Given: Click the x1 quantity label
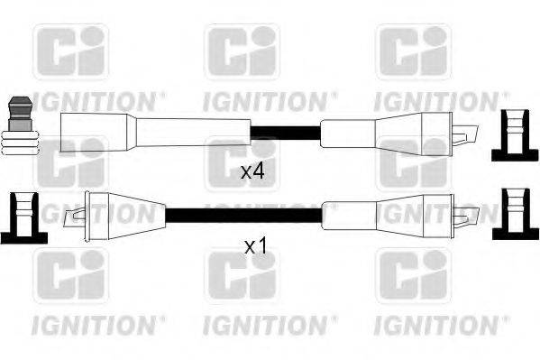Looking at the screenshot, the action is click(257, 245).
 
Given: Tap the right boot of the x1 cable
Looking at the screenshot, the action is click(397, 215).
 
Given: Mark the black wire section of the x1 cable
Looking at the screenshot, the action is click(243, 216).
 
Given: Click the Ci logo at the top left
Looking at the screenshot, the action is click(69, 51).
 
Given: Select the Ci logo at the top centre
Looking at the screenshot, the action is click(241, 51).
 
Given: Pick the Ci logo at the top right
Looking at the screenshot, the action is click(412, 51).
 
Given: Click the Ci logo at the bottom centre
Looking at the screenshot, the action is click(241, 276).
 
